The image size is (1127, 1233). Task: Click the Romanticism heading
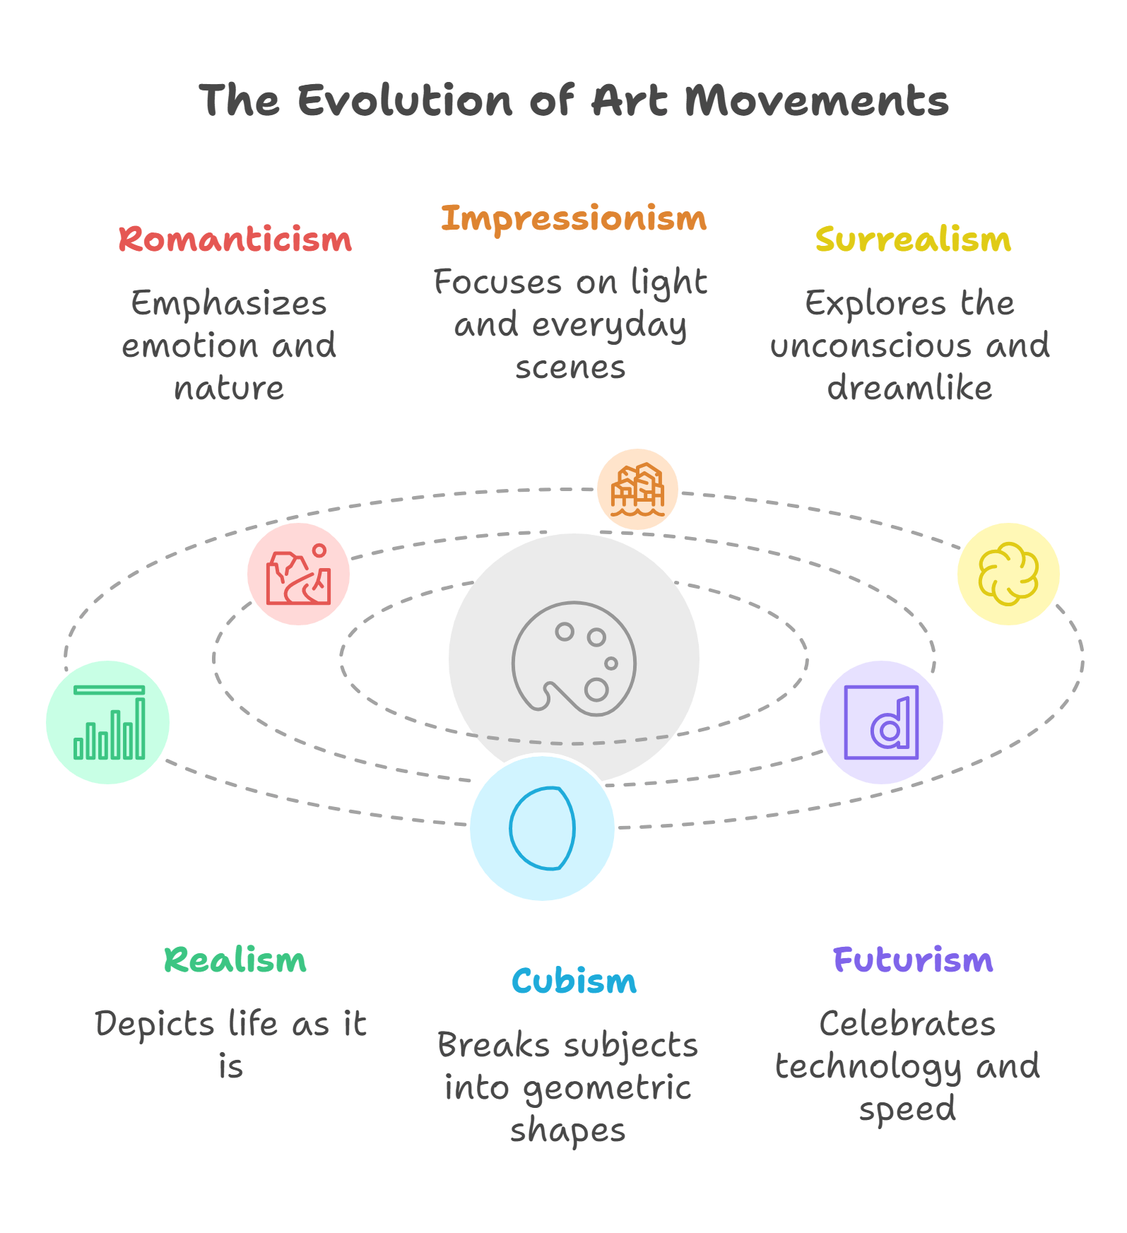tap(235, 240)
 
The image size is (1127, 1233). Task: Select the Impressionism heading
tap(573, 218)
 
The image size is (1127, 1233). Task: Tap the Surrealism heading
tap(913, 240)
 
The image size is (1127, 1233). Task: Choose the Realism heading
tap(235, 960)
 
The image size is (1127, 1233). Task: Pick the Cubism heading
tap(574, 981)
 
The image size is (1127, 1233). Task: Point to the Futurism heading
tap(913, 960)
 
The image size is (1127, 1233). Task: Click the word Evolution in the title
tap(405, 100)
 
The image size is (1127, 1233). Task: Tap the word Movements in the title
tap(816, 100)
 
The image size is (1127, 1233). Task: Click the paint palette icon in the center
tap(574, 659)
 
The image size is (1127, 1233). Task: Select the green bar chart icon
tap(109, 722)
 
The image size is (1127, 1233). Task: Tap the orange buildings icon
tap(637, 489)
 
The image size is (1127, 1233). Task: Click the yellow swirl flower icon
tap(1008, 574)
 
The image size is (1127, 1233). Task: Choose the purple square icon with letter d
tap(881, 722)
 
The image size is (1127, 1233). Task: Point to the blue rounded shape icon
tap(542, 828)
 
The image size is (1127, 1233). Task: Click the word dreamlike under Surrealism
tap(909, 388)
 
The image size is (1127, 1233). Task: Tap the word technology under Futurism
tap(868, 1067)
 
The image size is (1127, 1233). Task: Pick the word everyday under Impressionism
tap(609, 326)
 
